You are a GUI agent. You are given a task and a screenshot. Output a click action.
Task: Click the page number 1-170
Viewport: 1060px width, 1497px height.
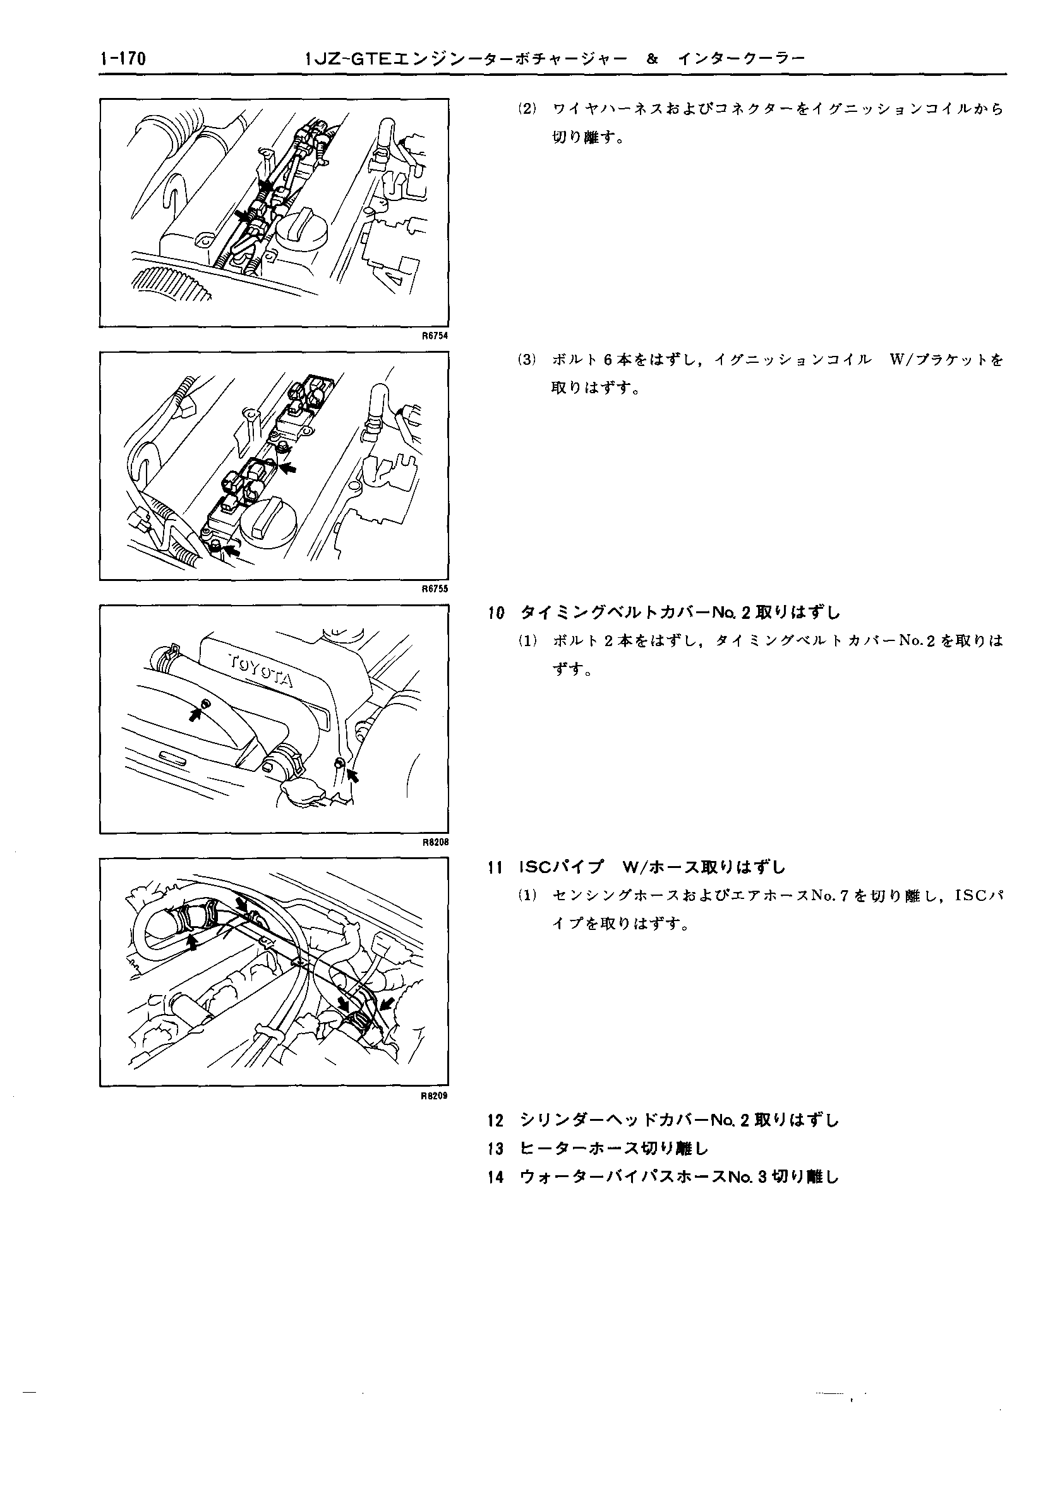tap(123, 59)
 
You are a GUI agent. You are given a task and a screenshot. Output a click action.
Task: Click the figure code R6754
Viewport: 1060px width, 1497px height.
tap(435, 336)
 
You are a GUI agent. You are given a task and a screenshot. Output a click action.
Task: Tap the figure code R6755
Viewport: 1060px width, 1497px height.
tap(435, 589)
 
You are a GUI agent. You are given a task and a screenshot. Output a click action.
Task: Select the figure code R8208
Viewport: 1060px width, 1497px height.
tap(435, 842)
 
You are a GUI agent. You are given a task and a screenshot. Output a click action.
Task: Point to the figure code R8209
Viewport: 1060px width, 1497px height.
tap(435, 1096)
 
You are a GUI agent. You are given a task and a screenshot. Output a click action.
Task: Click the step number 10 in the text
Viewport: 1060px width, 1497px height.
tap(496, 613)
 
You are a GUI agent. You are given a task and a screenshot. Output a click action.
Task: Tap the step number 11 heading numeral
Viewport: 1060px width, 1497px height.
tap(495, 868)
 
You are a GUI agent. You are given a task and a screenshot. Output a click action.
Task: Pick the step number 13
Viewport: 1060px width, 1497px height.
tap(496, 1149)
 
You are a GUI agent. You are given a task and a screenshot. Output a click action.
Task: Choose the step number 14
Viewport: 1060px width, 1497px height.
tap(496, 1178)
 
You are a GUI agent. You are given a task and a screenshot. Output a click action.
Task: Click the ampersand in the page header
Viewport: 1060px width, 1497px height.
tap(651, 59)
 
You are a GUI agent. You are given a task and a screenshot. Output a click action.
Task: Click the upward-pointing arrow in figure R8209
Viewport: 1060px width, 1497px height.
tap(192, 941)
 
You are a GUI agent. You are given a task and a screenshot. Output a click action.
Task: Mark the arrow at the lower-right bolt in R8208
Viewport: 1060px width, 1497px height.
tap(353, 774)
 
